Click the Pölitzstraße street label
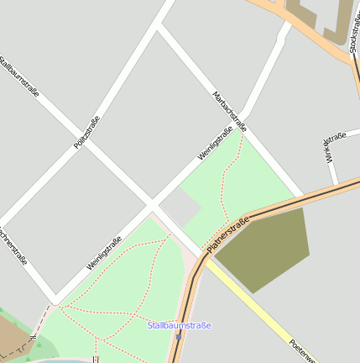(86, 133)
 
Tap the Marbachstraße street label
(229, 112)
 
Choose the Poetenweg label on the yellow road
(302, 350)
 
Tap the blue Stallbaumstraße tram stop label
(179, 325)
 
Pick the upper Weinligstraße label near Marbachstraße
(214, 144)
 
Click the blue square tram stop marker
(178, 337)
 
